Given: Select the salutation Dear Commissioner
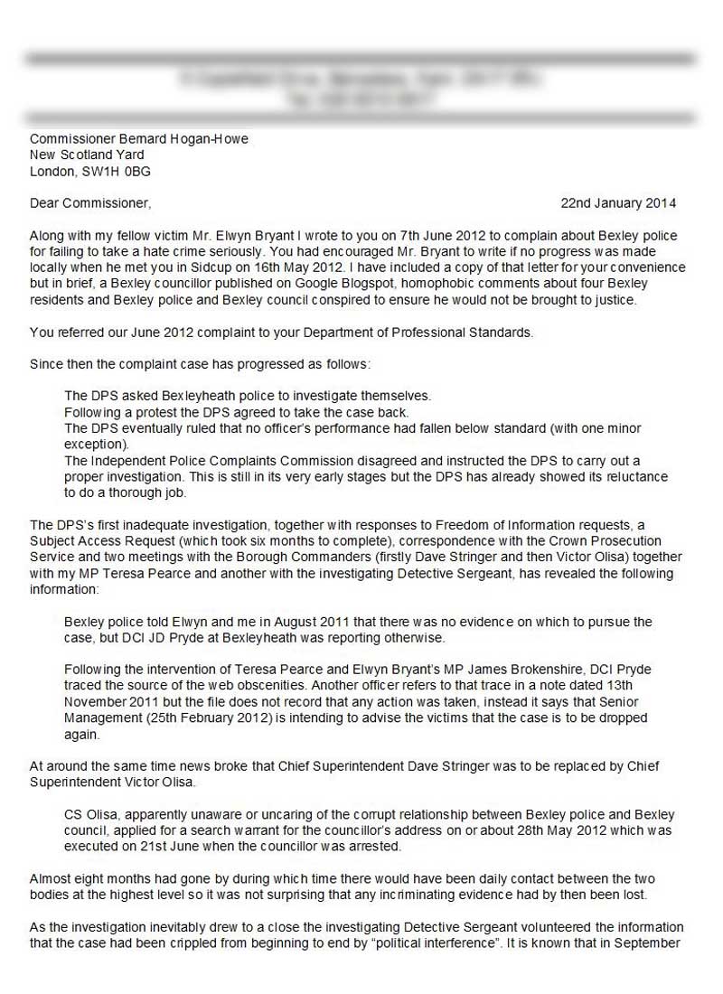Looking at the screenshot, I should pos(90,202).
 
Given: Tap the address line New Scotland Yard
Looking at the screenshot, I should pos(87,155).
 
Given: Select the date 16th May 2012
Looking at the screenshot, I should pos(308,267).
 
